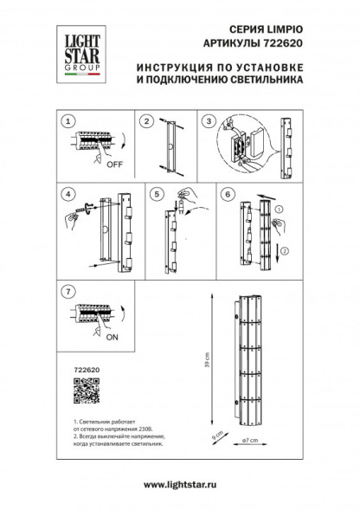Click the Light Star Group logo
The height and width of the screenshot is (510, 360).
[74, 50]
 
